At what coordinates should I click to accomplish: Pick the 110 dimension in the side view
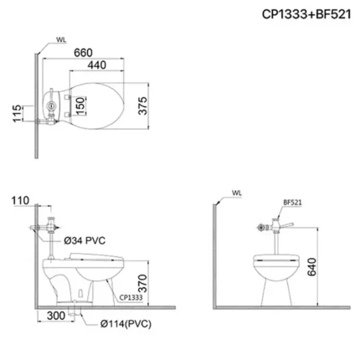coord(22,201)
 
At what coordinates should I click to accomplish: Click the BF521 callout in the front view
coord(291,202)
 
